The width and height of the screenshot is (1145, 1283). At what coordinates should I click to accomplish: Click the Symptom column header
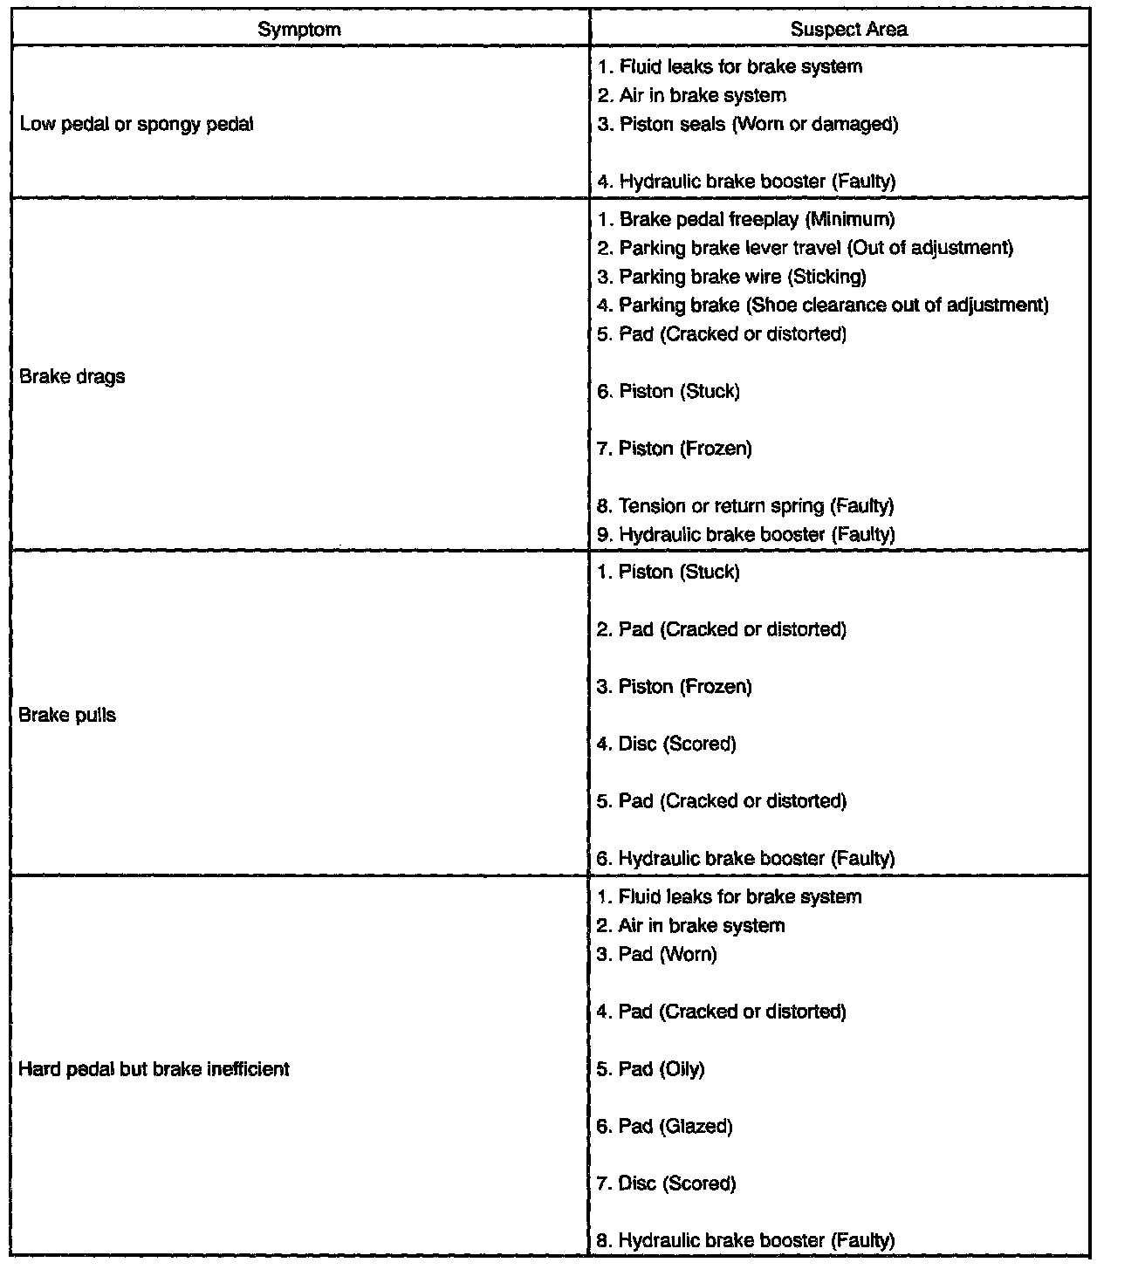point(299,29)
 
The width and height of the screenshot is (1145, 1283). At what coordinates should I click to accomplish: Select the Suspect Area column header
point(848,29)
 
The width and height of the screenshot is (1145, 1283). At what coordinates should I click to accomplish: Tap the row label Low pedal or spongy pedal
point(136,124)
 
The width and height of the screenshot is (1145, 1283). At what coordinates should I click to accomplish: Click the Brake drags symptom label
point(72,377)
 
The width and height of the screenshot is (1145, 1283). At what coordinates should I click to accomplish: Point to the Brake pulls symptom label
point(67,715)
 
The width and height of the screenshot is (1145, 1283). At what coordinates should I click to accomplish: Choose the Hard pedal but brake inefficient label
point(154,1069)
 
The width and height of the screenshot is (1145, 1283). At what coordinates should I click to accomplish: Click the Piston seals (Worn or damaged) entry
point(748,124)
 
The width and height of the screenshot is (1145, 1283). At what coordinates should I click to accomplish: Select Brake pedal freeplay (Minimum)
point(746,219)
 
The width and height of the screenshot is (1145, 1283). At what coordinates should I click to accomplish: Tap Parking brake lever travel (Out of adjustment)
point(806,248)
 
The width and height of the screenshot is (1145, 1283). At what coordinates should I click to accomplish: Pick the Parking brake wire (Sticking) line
point(731,277)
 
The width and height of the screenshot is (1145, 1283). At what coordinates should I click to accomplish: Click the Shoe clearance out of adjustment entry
point(823,305)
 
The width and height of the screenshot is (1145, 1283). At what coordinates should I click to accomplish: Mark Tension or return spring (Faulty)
point(745,505)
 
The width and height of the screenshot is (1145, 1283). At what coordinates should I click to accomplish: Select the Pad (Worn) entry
point(656,954)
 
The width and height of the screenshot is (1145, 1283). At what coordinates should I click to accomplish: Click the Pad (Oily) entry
point(650,1069)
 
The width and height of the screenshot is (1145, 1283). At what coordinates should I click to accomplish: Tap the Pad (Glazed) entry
point(664,1126)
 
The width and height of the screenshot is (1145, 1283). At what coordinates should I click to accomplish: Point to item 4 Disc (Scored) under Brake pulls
point(667,744)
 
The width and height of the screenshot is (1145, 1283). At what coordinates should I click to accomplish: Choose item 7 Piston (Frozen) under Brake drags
point(674,449)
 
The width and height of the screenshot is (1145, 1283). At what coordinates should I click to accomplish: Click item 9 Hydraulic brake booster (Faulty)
point(746,534)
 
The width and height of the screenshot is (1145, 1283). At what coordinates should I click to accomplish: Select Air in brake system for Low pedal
point(691,95)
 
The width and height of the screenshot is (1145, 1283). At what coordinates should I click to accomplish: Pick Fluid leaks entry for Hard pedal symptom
point(729,896)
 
